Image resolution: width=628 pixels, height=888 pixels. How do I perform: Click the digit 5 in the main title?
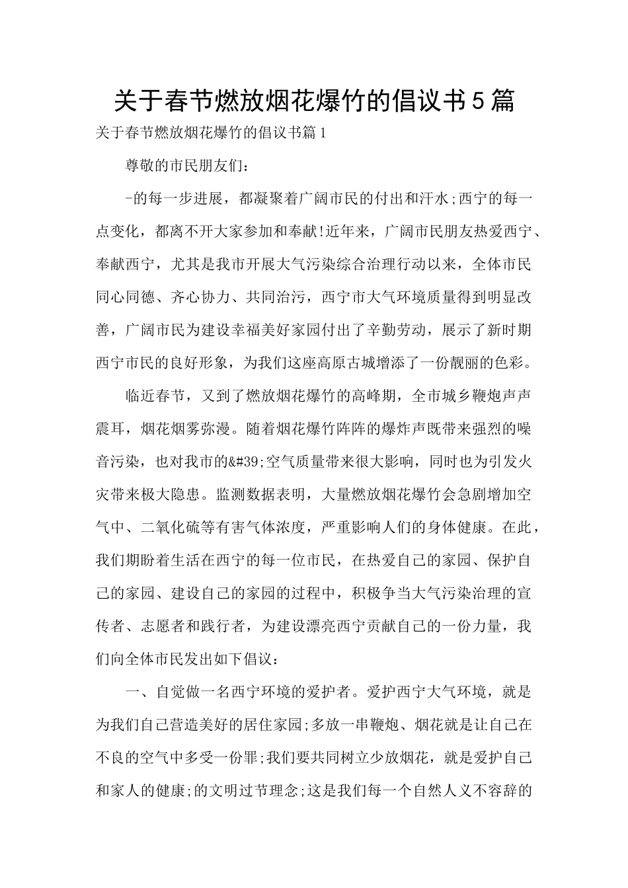tap(480, 100)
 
